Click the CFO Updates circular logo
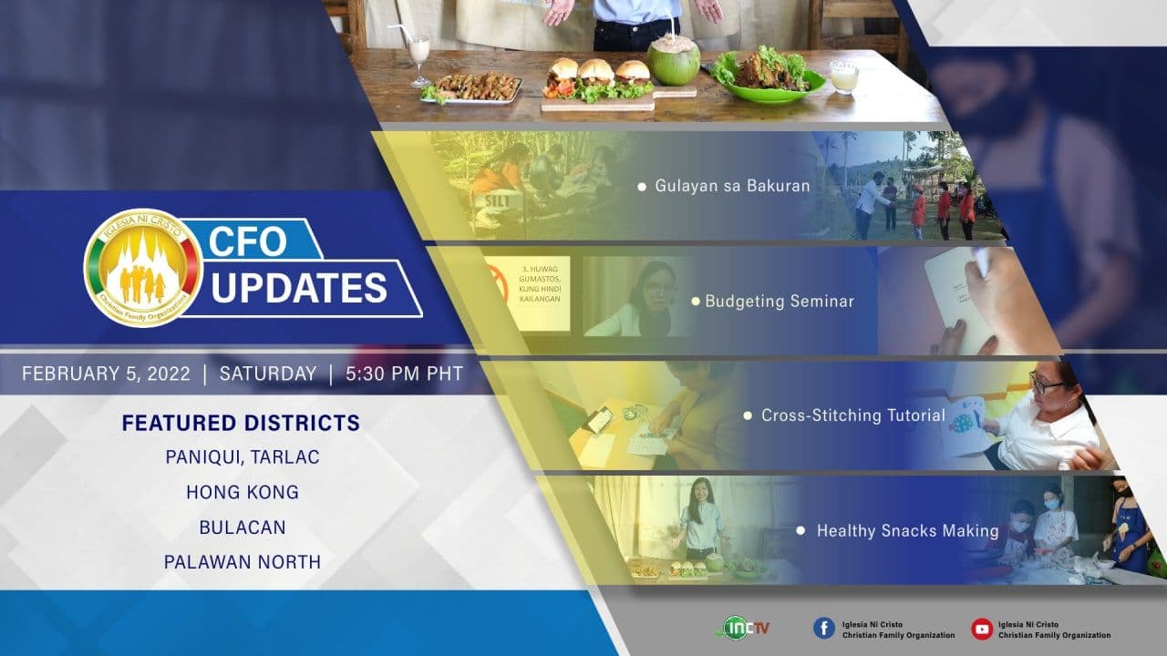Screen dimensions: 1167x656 tap(143, 268)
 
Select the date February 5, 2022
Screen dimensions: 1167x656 tap(106, 374)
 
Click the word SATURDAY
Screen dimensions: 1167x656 tap(268, 374)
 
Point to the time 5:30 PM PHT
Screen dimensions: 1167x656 tap(404, 374)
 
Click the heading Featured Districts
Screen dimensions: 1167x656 tap(241, 423)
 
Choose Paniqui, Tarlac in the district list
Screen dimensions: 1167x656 tap(243, 457)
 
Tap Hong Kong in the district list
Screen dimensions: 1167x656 tap(243, 492)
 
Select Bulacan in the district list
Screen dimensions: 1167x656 tap(243, 528)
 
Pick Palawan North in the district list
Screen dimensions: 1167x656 tap(243, 562)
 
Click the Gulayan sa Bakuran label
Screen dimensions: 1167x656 tap(732, 186)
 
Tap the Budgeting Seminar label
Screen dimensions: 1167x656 tap(780, 301)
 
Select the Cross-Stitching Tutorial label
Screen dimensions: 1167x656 tap(852, 415)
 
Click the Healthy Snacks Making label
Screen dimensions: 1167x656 tap(907, 530)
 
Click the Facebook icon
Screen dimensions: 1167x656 tap(823, 629)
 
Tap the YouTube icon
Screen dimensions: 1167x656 tap(982, 629)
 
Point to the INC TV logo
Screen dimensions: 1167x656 tap(742, 628)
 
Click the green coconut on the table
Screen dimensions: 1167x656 tap(674, 60)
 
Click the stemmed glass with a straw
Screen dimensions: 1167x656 tap(418, 58)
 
